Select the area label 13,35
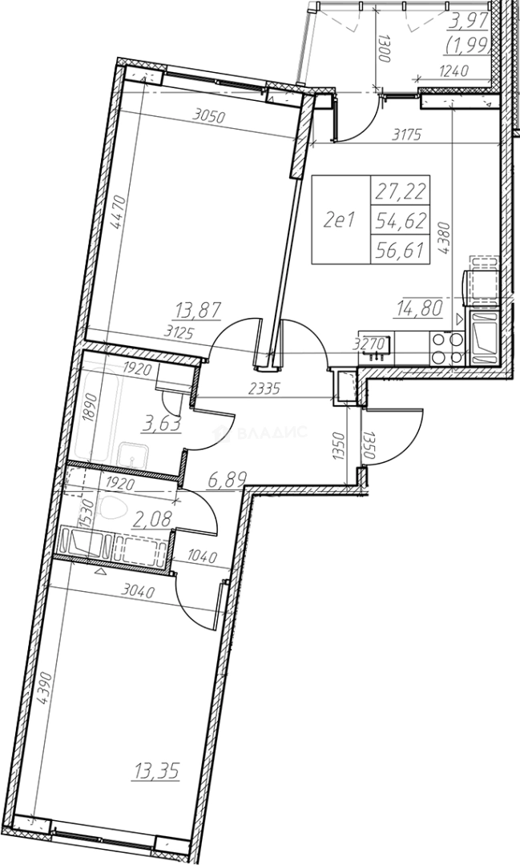coord(156,770)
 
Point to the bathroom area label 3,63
coord(162,425)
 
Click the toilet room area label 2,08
coord(152,518)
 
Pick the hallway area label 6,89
coord(226,480)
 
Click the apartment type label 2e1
coord(338,221)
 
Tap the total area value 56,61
coord(401,251)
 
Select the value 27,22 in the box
coord(401,191)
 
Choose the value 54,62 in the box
coord(401,221)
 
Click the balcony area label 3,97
coord(470,23)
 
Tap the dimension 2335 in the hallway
coord(264,388)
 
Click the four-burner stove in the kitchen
coord(447,348)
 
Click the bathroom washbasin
coord(133,456)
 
